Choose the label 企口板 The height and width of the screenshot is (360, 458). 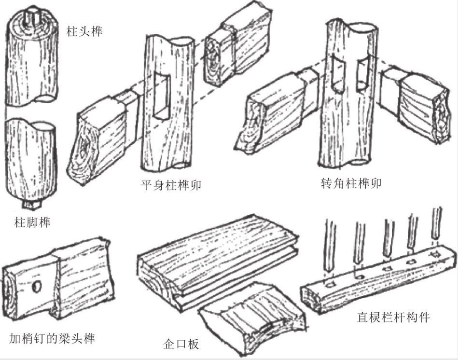(x=181, y=344)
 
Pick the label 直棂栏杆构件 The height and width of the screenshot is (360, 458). (x=393, y=317)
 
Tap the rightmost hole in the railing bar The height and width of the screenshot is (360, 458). (x=436, y=253)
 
